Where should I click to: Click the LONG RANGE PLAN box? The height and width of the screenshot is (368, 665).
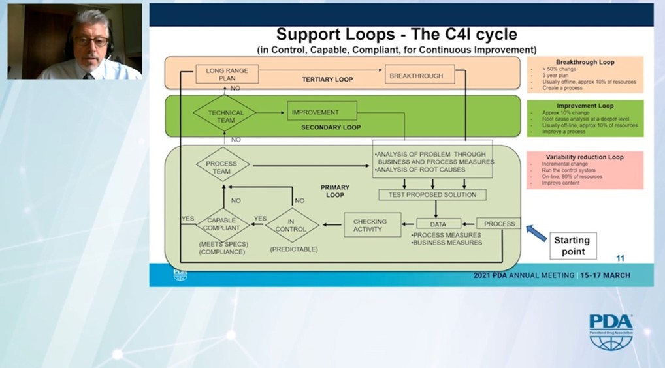click(223, 74)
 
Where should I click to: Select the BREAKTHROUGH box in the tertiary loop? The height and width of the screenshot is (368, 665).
click(415, 76)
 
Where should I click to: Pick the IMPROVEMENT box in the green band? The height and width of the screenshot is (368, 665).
click(321, 112)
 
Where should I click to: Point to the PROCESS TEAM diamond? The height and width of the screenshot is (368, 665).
click(223, 167)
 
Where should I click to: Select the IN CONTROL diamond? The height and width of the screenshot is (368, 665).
click(291, 225)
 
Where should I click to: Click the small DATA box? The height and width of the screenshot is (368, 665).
click(439, 224)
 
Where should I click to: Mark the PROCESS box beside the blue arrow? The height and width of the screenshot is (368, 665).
click(499, 224)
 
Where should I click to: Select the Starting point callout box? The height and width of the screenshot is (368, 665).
click(572, 245)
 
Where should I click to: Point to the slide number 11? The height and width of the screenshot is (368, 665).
click(620, 258)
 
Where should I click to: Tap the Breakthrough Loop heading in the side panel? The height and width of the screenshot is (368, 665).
click(585, 63)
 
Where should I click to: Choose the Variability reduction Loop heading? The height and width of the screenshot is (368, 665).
click(585, 157)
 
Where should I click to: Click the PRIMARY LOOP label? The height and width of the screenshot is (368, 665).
click(334, 191)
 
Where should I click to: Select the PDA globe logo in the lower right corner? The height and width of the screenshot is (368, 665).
click(611, 333)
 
